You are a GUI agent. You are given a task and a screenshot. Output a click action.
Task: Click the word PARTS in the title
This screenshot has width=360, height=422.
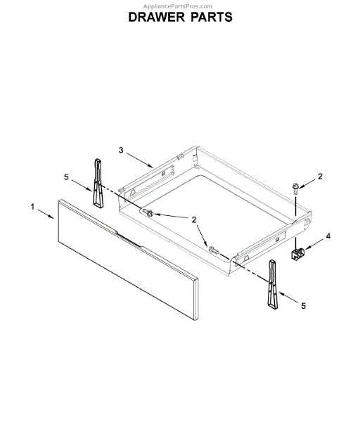[210, 16]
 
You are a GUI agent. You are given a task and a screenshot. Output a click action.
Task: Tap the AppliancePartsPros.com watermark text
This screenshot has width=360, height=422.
[180, 5]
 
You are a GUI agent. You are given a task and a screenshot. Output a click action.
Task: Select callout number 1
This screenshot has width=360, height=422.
[32, 207]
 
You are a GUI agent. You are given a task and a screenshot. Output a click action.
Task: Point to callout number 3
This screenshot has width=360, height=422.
[121, 150]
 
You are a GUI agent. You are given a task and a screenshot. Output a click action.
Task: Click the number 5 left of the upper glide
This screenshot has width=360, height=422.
[67, 177]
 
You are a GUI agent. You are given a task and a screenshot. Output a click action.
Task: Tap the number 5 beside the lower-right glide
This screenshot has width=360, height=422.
[303, 305]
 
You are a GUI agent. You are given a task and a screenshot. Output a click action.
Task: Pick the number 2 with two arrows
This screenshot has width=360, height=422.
[193, 219]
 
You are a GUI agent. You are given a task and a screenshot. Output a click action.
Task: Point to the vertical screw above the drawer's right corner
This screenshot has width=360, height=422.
[296, 188]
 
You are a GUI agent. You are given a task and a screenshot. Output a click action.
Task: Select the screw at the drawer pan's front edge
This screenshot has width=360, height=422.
[213, 248]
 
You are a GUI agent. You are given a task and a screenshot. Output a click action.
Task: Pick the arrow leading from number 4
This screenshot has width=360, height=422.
[314, 243]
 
